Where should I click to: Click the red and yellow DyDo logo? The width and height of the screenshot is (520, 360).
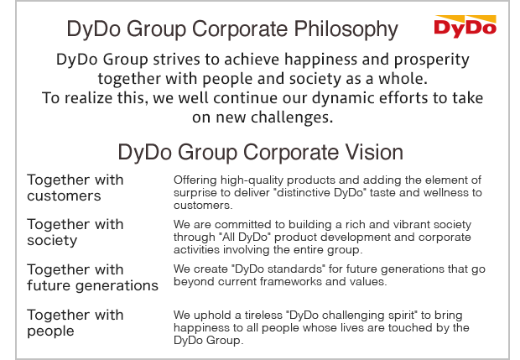465,26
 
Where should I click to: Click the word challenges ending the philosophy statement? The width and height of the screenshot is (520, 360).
289,117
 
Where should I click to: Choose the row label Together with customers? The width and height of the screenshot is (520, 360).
75,188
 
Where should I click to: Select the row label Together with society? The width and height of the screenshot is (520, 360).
75,232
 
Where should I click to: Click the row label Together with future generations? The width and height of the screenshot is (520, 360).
92,278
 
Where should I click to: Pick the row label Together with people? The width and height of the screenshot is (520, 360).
75,323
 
